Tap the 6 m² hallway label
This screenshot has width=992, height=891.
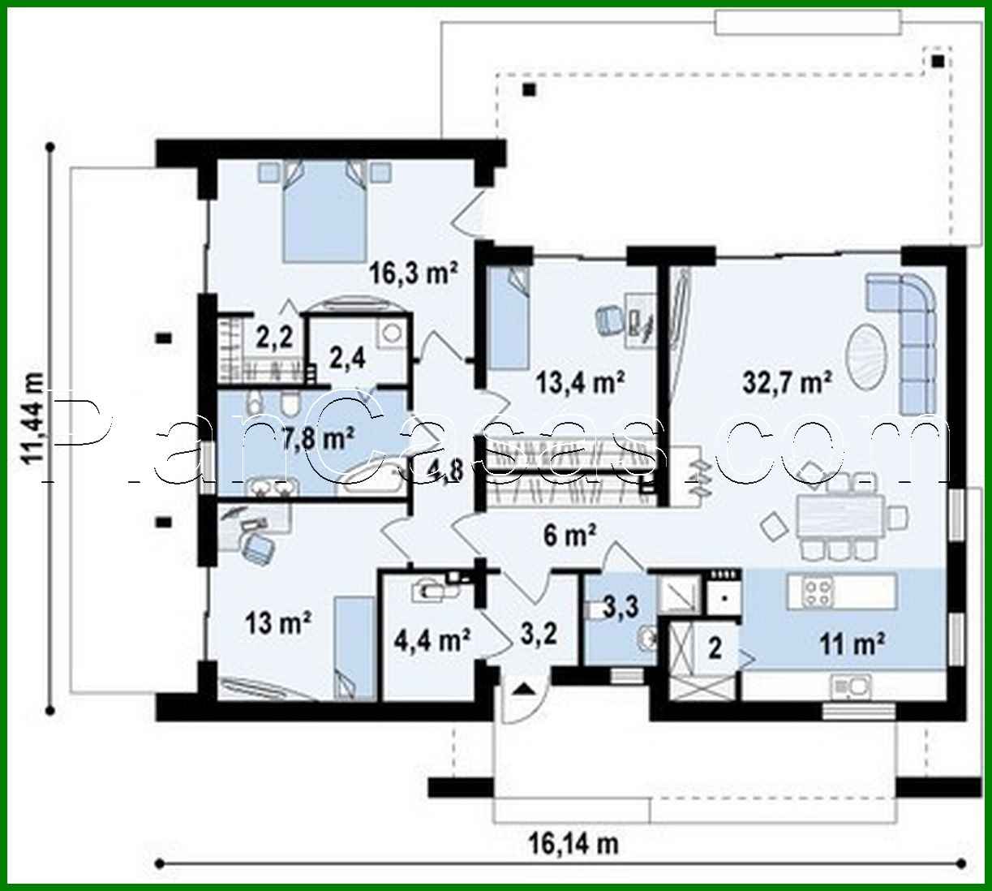point(570,534)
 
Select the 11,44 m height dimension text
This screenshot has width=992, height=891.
point(33,419)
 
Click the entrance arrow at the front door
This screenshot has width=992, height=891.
point(523,689)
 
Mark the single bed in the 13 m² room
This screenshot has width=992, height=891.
point(355,647)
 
